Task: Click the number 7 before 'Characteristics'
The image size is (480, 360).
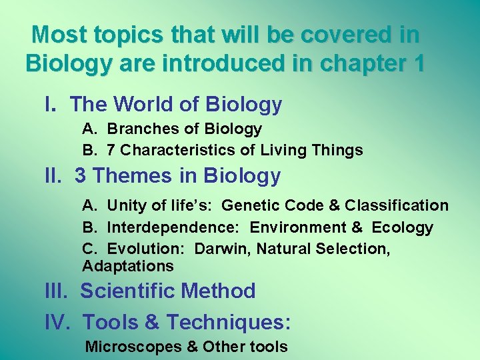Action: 111,150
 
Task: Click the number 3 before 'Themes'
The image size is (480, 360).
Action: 81,176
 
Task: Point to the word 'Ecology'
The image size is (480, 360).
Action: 402,227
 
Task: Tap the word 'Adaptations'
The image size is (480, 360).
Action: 128,266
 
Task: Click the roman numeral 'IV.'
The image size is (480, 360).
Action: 58,322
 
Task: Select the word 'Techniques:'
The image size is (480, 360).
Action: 229,323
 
